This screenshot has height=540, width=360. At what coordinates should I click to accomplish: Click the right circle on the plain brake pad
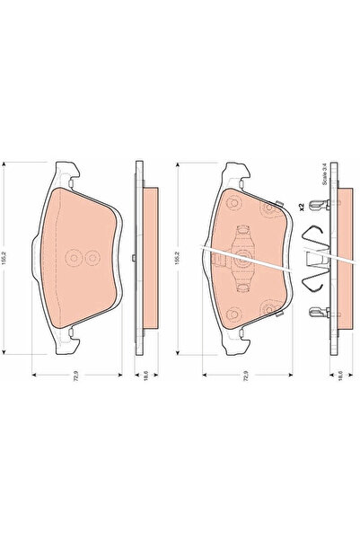tap(88, 258)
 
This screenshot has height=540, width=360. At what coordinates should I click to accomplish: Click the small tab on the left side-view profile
tap(132, 261)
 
